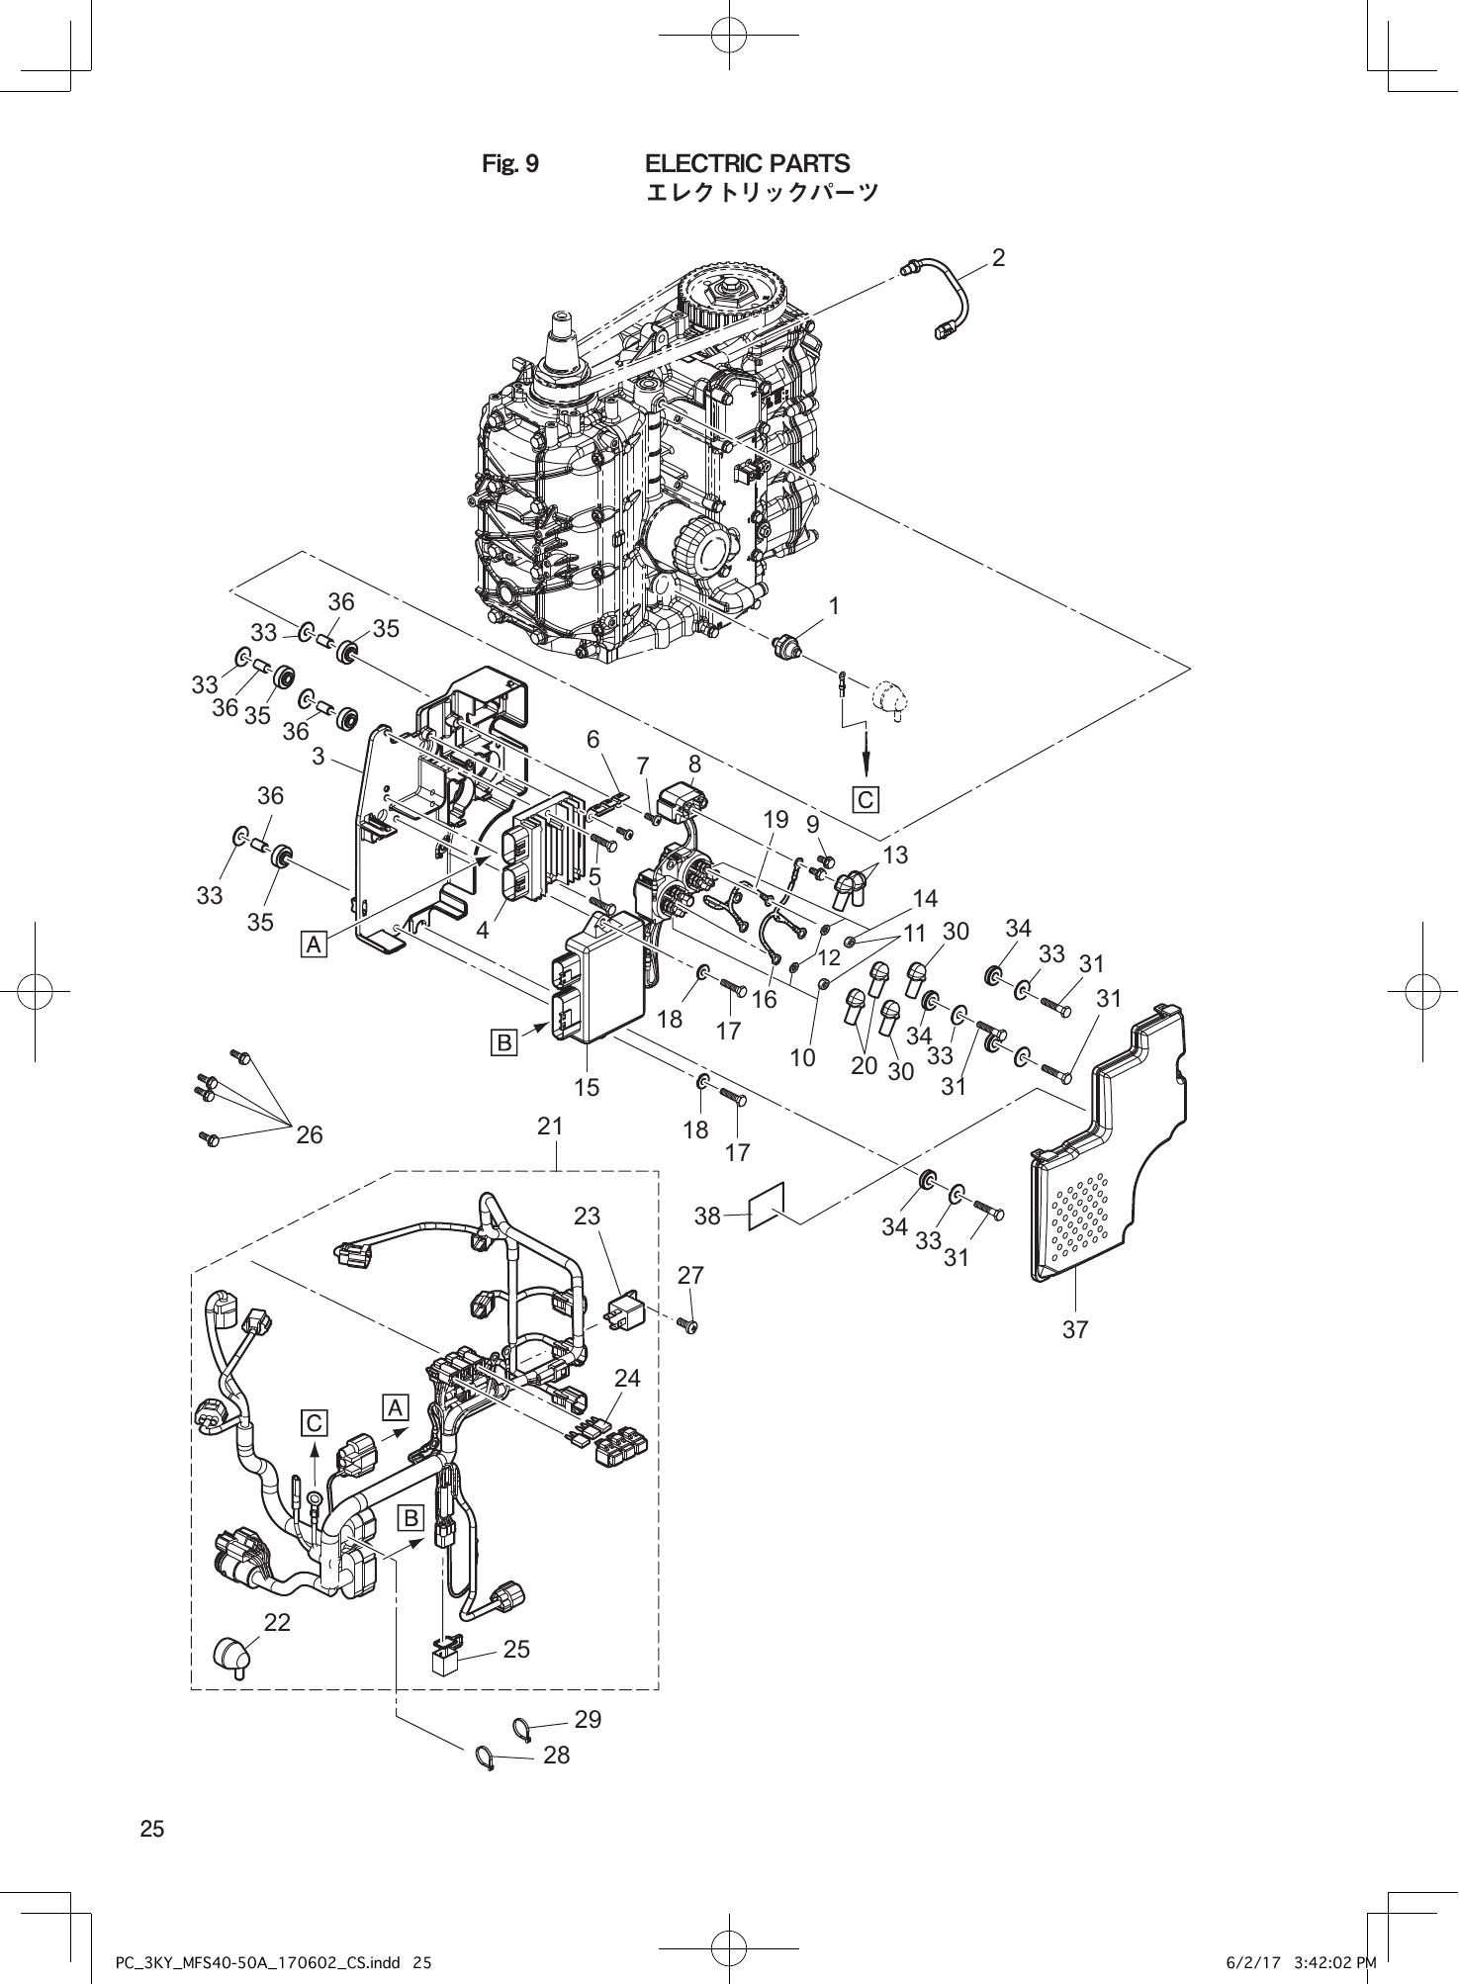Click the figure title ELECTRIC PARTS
point(747,163)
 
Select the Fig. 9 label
point(510,163)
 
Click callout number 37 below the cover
point(1075,1330)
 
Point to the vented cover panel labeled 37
point(1108,1167)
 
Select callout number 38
point(707,1217)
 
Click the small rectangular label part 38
point(768,1206)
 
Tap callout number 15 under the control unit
point(587,1087)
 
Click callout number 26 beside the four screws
point(310,1134)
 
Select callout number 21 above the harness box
point(550,1126)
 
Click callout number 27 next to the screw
point(690,1276)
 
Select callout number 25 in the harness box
point(516,1649)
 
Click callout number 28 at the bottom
point(557,1755)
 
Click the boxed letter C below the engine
point(866,799)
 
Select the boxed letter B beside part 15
point(504,1042)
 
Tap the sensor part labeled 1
point(786,648)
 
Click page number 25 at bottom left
point(152,1829)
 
